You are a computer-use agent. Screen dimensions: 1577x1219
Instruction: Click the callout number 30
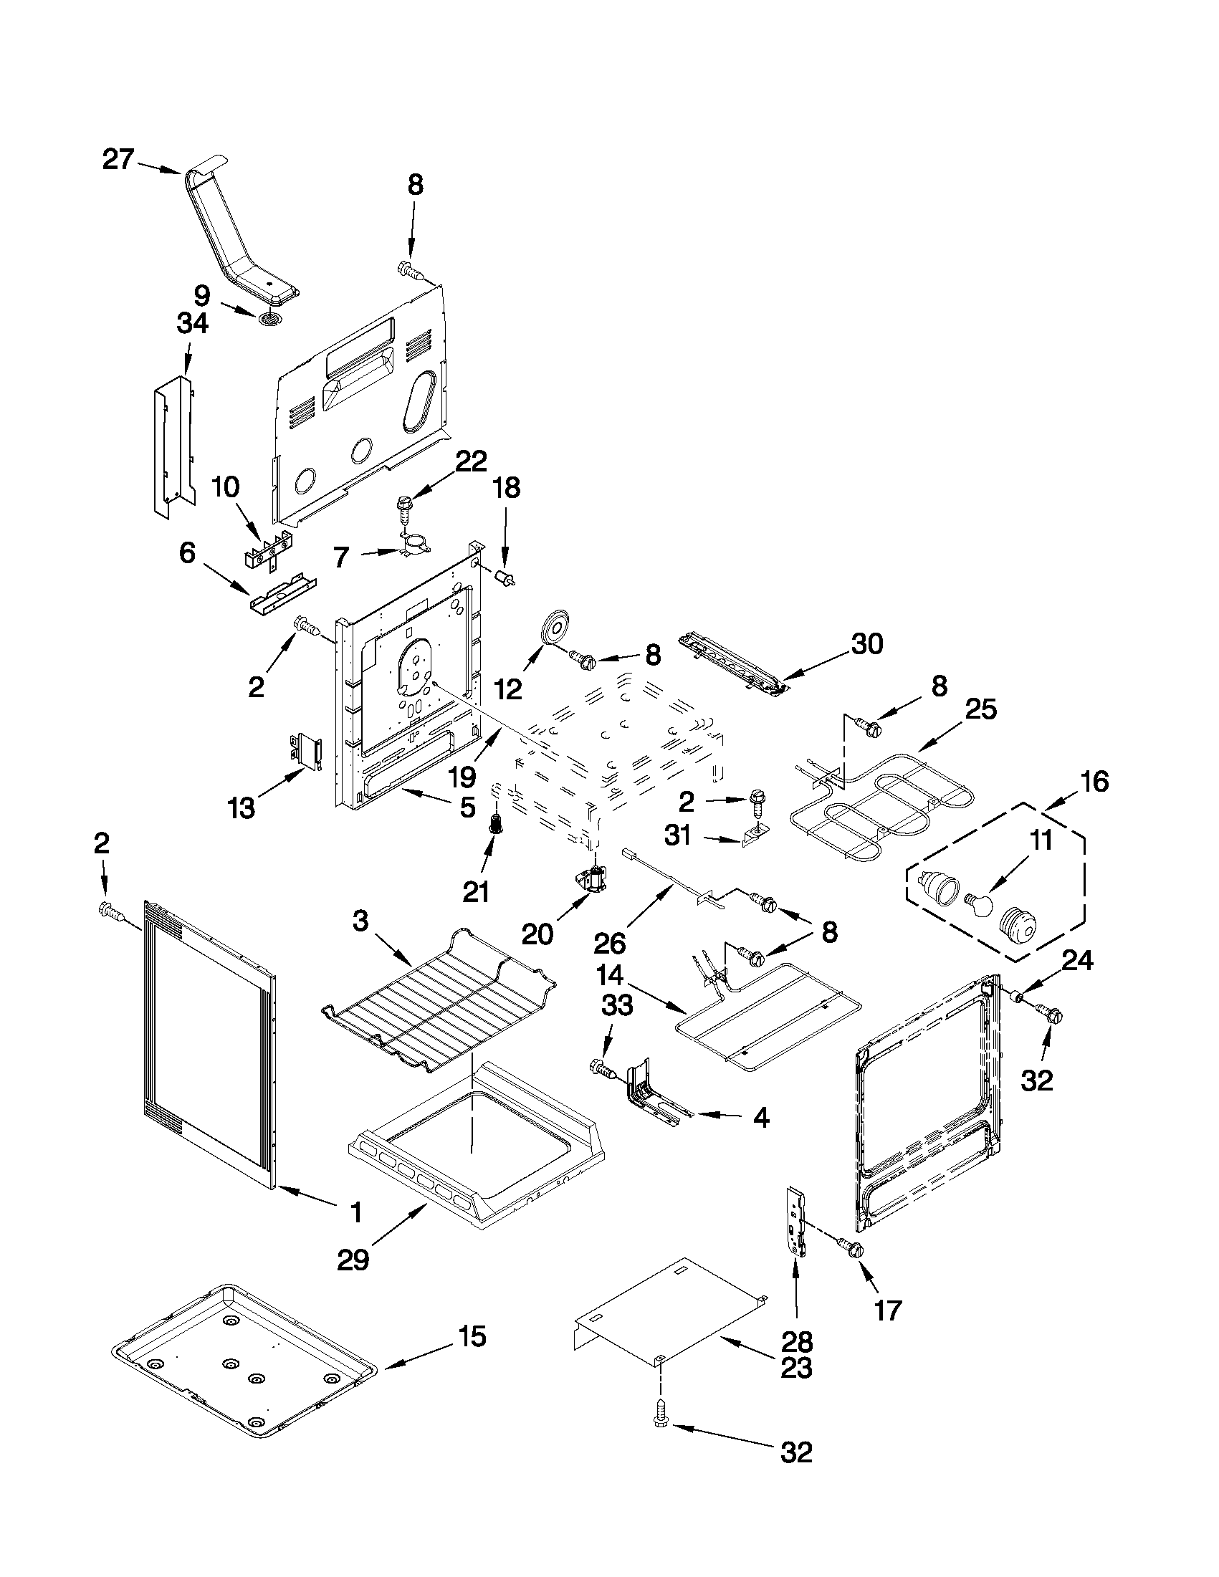[x=867, y=643]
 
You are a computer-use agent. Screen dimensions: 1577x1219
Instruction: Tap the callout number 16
[x=1095, y=781]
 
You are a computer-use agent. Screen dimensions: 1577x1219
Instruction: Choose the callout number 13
[x=242, y=808]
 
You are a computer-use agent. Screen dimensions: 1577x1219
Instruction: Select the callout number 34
[x=192, y=322]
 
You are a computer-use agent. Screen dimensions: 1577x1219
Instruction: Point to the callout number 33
[x=616, y=1005]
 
